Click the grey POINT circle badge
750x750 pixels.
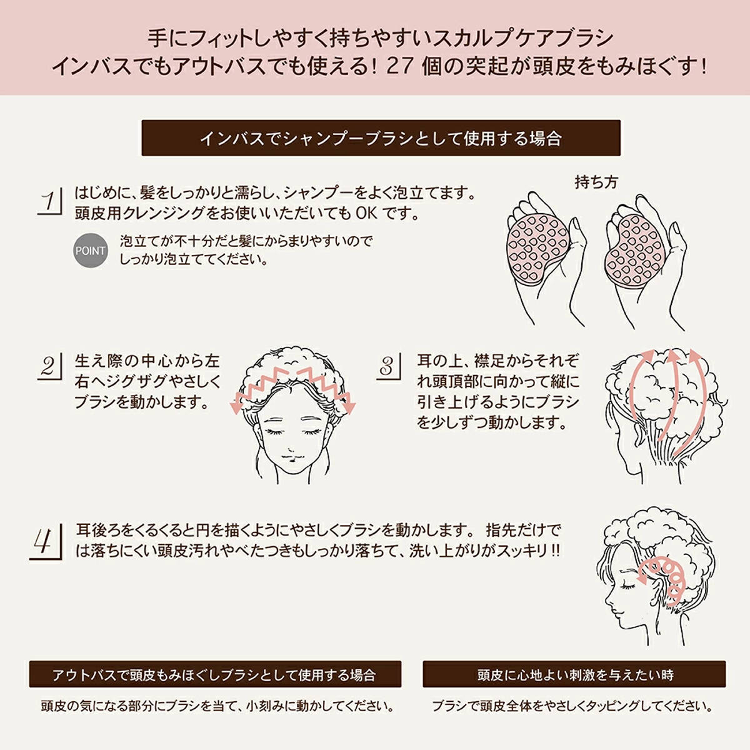90,250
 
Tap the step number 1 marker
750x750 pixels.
50,201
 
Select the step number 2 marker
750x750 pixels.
50,366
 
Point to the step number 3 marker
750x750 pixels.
389,366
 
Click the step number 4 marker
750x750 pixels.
46,542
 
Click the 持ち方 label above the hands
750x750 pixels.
596,182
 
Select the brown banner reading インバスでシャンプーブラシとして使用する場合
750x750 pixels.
381,137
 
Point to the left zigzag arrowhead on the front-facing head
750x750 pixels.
236,406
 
